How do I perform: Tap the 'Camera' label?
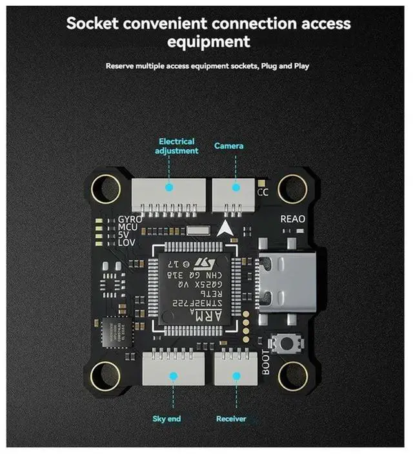click(229, 146)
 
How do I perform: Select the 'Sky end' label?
click(167, 419)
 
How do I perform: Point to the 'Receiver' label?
click(231, 419)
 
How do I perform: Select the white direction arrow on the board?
click(225, 228)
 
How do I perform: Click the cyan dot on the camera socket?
click(235, 188)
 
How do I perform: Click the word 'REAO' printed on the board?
click(293, 220)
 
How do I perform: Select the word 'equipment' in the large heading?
click(208, 42)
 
